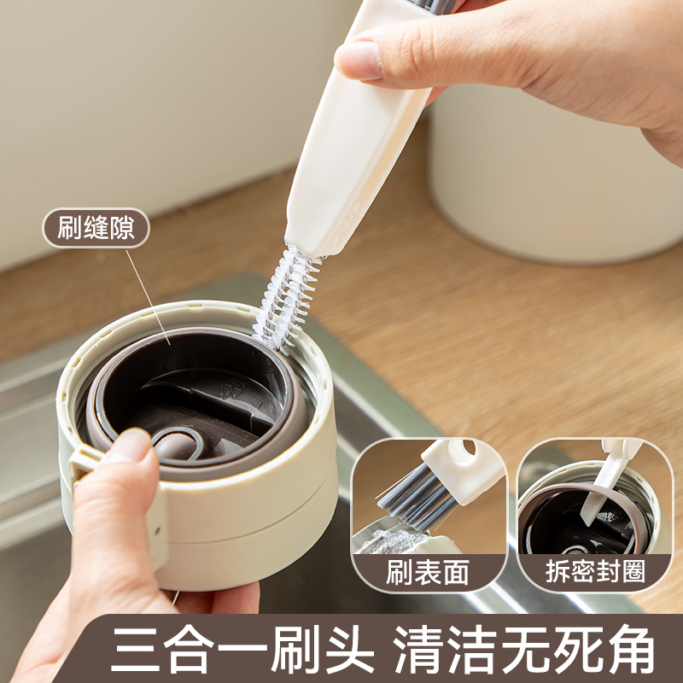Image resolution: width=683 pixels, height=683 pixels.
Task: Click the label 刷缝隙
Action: click(96, 228)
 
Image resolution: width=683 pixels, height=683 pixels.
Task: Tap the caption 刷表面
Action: click(427, 572)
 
